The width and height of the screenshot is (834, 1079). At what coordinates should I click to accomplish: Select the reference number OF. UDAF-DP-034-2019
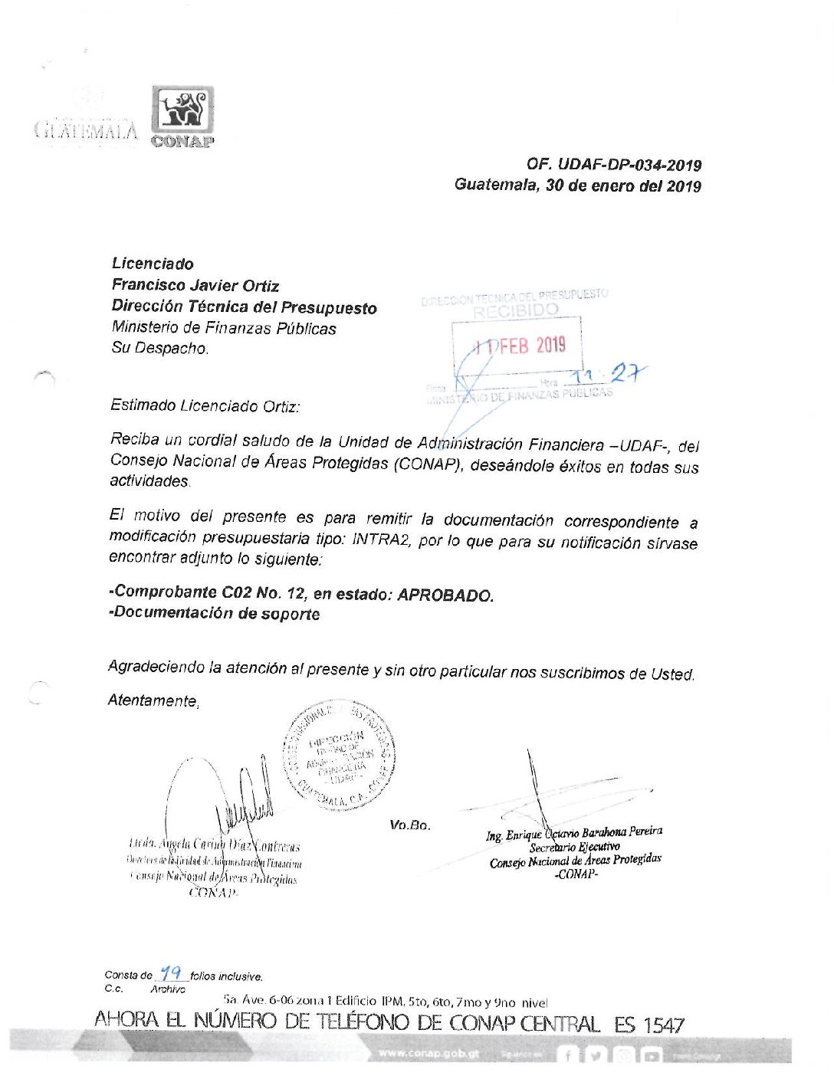pyautogui.click(x=613, y=165)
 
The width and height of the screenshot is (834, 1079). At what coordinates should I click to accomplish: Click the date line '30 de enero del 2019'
pyautogui.click(x=623, y=185)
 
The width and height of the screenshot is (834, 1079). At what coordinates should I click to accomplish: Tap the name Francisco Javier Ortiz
pyautogui.click(x=195, y=286)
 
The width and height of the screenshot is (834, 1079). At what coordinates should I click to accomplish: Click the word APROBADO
pyautogui.click(x=445, y=595)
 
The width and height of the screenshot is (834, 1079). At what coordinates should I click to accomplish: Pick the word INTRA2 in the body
pyautogui.click(x=380, y=539)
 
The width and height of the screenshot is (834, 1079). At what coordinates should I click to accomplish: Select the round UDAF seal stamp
pyautogui.click(x=340, y=755)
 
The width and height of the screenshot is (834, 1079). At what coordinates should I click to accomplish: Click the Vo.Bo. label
pyautogui.click(x=410, y=825)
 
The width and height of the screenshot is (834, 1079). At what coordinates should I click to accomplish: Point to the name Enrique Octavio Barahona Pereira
pyautogui.click(x=574, y=834)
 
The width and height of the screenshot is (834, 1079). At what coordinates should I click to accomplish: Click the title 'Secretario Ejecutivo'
pyautogui.click(x=574, y=848)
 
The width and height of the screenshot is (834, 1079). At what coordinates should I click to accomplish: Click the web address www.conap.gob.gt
pyautogui.click(x=428, y=1054)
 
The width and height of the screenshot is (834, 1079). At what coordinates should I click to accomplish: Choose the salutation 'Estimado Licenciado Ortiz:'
pyautogui.click(x=205, y=405)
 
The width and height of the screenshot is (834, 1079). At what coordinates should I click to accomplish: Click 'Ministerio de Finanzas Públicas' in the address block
pyautogui.click(x=224, y=328)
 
